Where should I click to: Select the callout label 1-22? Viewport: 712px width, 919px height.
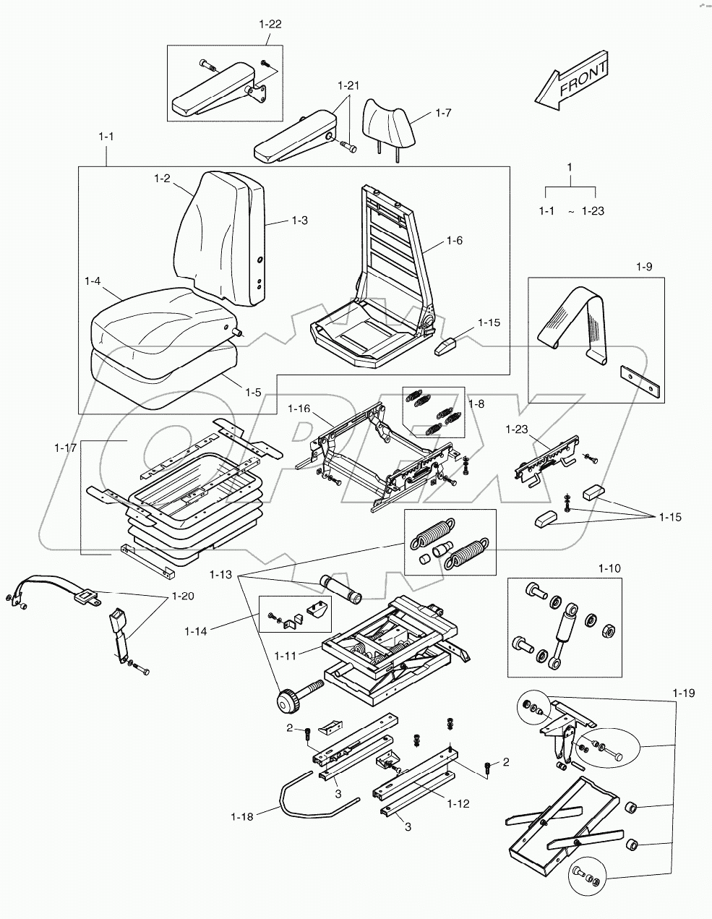point(270,24)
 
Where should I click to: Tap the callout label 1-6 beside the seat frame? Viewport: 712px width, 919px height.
point(455,240)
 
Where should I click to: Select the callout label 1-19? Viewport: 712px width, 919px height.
point(683,693)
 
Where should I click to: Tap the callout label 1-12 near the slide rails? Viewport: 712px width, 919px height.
point(458,803)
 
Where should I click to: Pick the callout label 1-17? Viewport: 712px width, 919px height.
point(65,448)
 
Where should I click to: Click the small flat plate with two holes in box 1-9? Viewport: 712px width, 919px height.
point(641,382)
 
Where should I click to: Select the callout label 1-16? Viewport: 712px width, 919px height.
point(299,409)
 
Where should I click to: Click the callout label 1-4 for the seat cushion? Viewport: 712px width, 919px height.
point(93,281)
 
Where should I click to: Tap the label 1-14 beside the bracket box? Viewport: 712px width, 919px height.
point(196,631)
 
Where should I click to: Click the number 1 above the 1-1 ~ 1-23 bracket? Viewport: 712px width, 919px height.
point(570,167)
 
